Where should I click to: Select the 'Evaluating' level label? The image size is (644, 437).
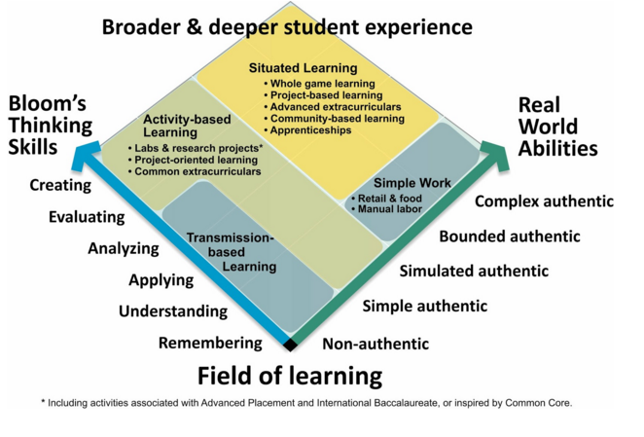click(x=87, y=217)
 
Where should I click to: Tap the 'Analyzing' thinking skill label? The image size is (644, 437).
click(x=123, y=248)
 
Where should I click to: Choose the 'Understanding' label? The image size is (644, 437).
click(x=173, y=311)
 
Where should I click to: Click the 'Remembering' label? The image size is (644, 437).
click(x=210, y=343)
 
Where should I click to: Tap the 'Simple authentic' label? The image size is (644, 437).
click(x=424, y=306)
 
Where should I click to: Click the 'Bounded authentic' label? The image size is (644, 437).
click(x=509, y=237)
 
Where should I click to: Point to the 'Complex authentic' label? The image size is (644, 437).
click(x=544, y=201)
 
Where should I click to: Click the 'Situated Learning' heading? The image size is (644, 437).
click(x=304, y=69)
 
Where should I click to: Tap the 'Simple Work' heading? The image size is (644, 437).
click(x=409, y=184)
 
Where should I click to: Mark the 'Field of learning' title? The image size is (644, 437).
click(x=290, y=375)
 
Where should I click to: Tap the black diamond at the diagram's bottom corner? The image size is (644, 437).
click(x=290, y=344)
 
